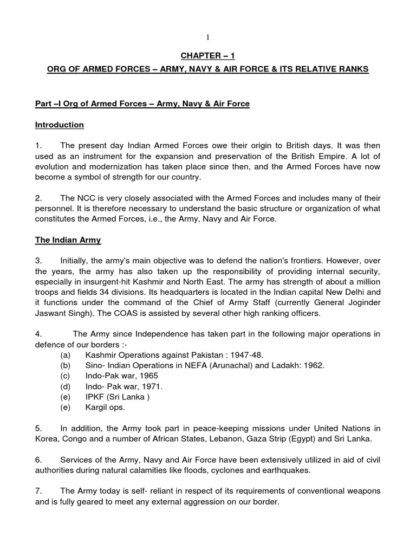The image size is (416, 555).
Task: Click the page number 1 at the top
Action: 207,37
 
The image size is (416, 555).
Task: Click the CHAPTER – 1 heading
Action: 207,55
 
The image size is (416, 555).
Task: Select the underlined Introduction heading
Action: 60,125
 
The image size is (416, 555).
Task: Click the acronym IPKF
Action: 95,397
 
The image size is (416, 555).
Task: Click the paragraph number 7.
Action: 38,491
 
